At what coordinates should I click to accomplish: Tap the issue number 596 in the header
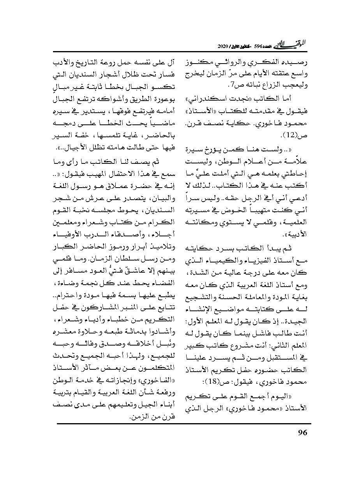(x=259, y=46)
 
